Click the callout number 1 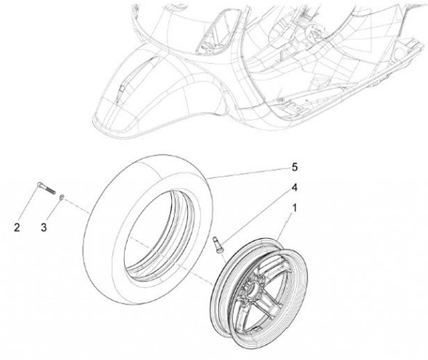pyautogui.click(x=292, y=209)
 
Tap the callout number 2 pyautogui.click(x=17, y=227)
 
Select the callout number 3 pyautogui.click(x=43, y=227)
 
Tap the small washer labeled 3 pyautogui.click(x=62, y=196)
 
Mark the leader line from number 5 pyautogui.click(x=250, y=172)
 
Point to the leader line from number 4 pyautogui.click(x=256, y=215)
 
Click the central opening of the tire pyautogui.click(x=160, y=232)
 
